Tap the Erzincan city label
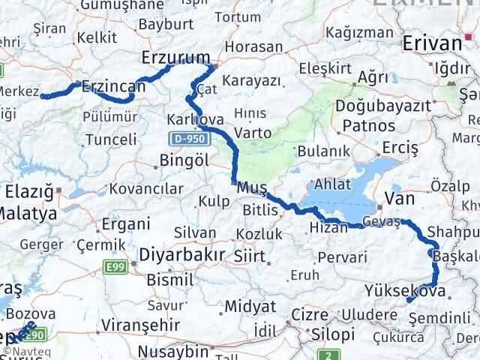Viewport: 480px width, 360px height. [x=113, y=86]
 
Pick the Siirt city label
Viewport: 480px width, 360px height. [x=250, y=256]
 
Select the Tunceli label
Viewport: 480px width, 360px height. [x=112, y=139]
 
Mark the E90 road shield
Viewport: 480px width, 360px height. [x=37, y=335]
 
